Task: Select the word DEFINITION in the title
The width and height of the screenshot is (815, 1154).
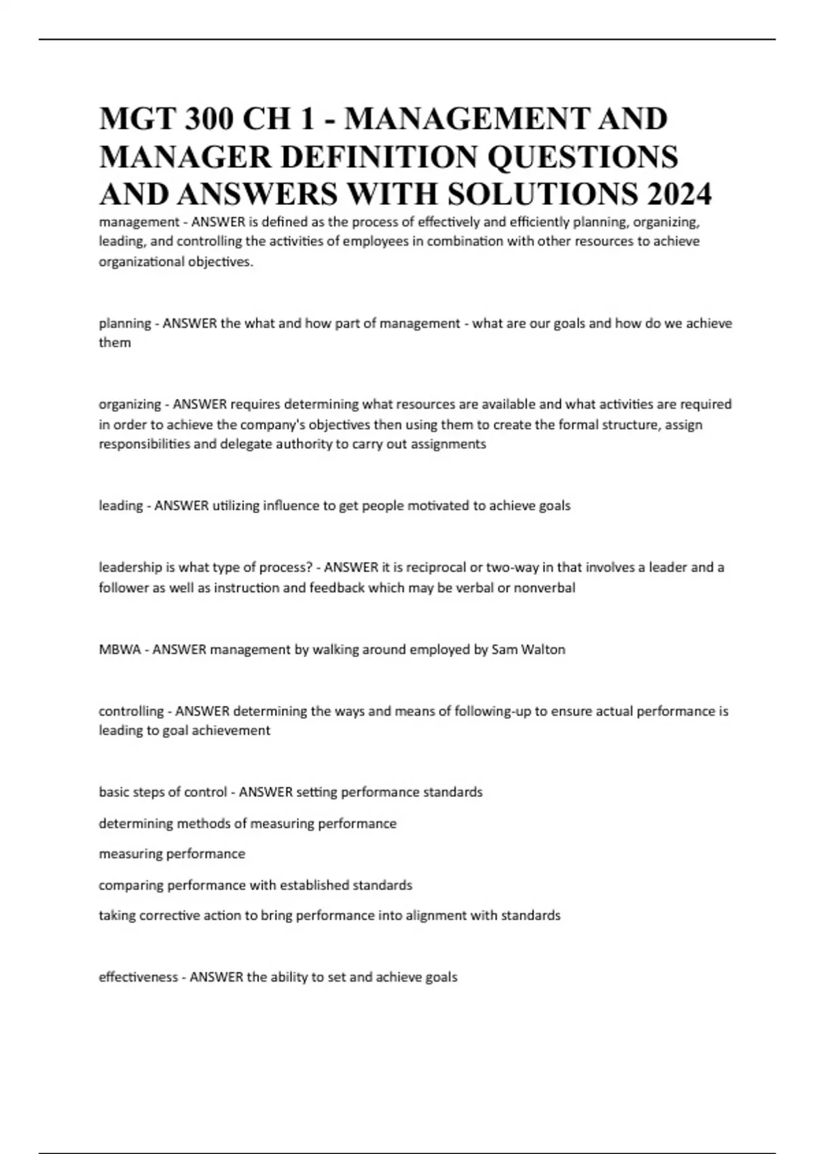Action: click(x=380, y=157)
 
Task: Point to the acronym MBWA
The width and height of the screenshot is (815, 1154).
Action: click(x=120, y=650)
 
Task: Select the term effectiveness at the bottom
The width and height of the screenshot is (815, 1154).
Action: click(x=138, y=978)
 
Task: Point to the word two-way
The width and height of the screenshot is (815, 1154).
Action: click(x=511, y=567)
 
